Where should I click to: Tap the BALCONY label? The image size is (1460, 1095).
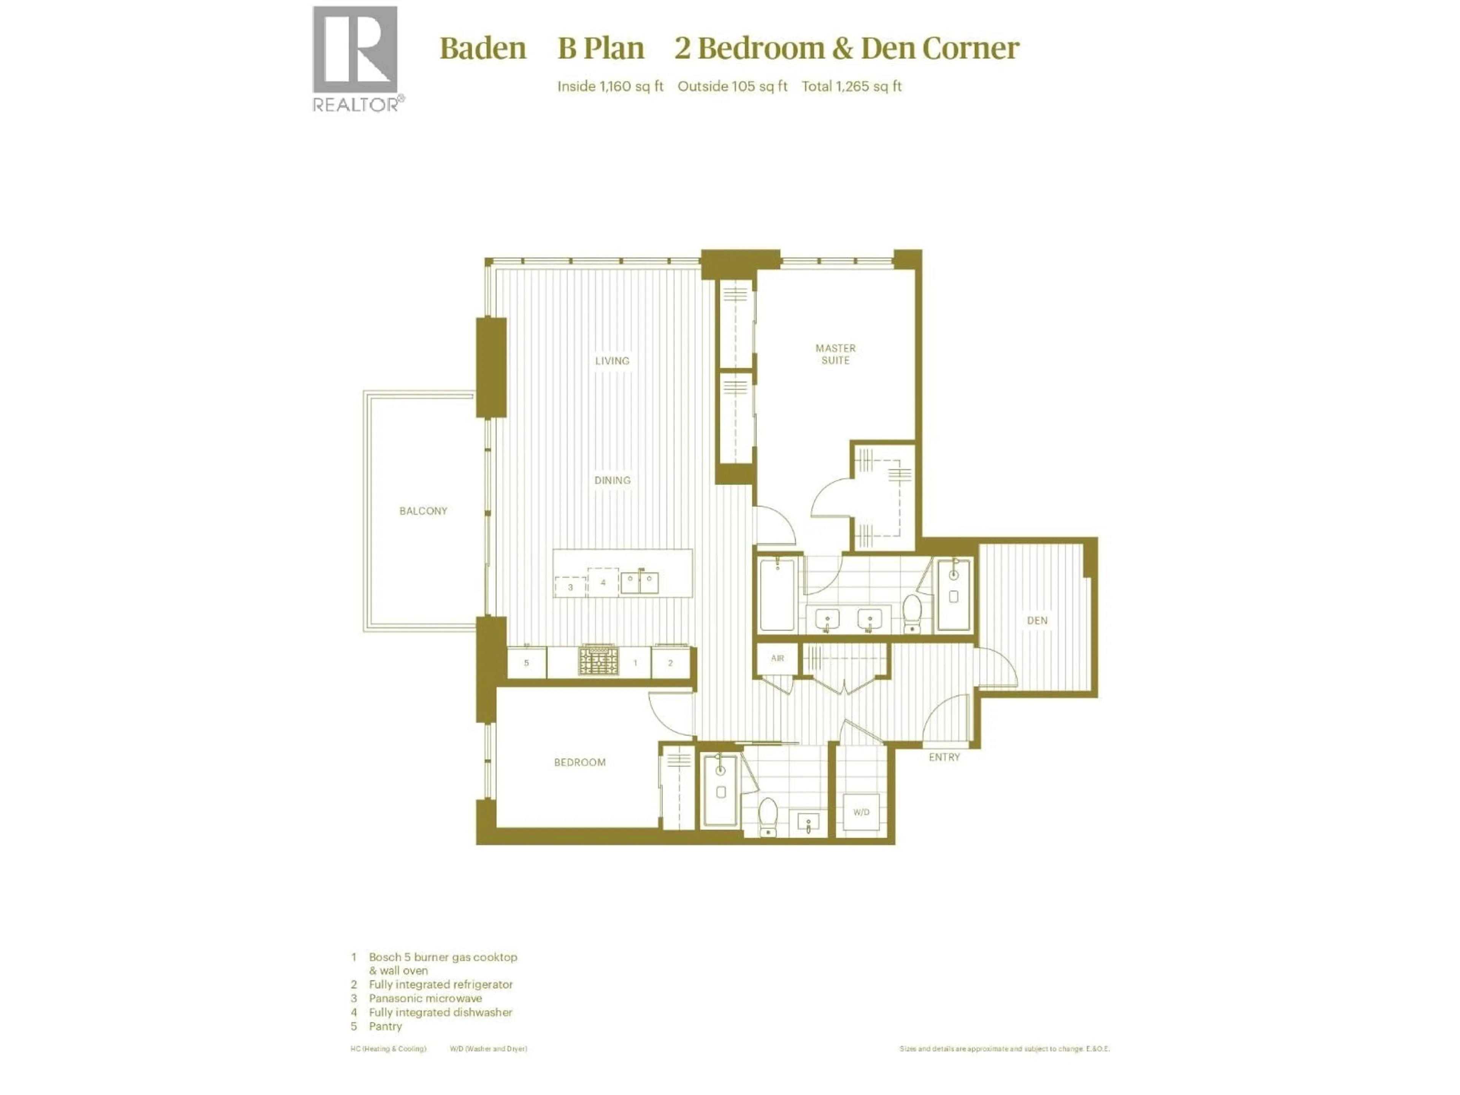click(423, 511)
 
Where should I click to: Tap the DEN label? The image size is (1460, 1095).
click(1037, 620)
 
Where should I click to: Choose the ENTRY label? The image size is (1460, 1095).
click(944, 757)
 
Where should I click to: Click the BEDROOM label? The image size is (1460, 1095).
click(579, 762)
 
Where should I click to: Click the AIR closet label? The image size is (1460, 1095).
click(778, 658)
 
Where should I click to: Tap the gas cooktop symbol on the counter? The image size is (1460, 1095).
click(599, 661)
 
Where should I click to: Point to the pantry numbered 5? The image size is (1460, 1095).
click(526, 663)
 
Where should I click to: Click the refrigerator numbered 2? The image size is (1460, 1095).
click(670, 663)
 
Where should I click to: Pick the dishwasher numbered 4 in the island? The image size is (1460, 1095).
click(603, 582)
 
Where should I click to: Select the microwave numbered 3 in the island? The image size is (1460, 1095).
click(570, 587)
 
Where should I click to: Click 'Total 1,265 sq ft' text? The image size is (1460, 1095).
click(851, 86)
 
